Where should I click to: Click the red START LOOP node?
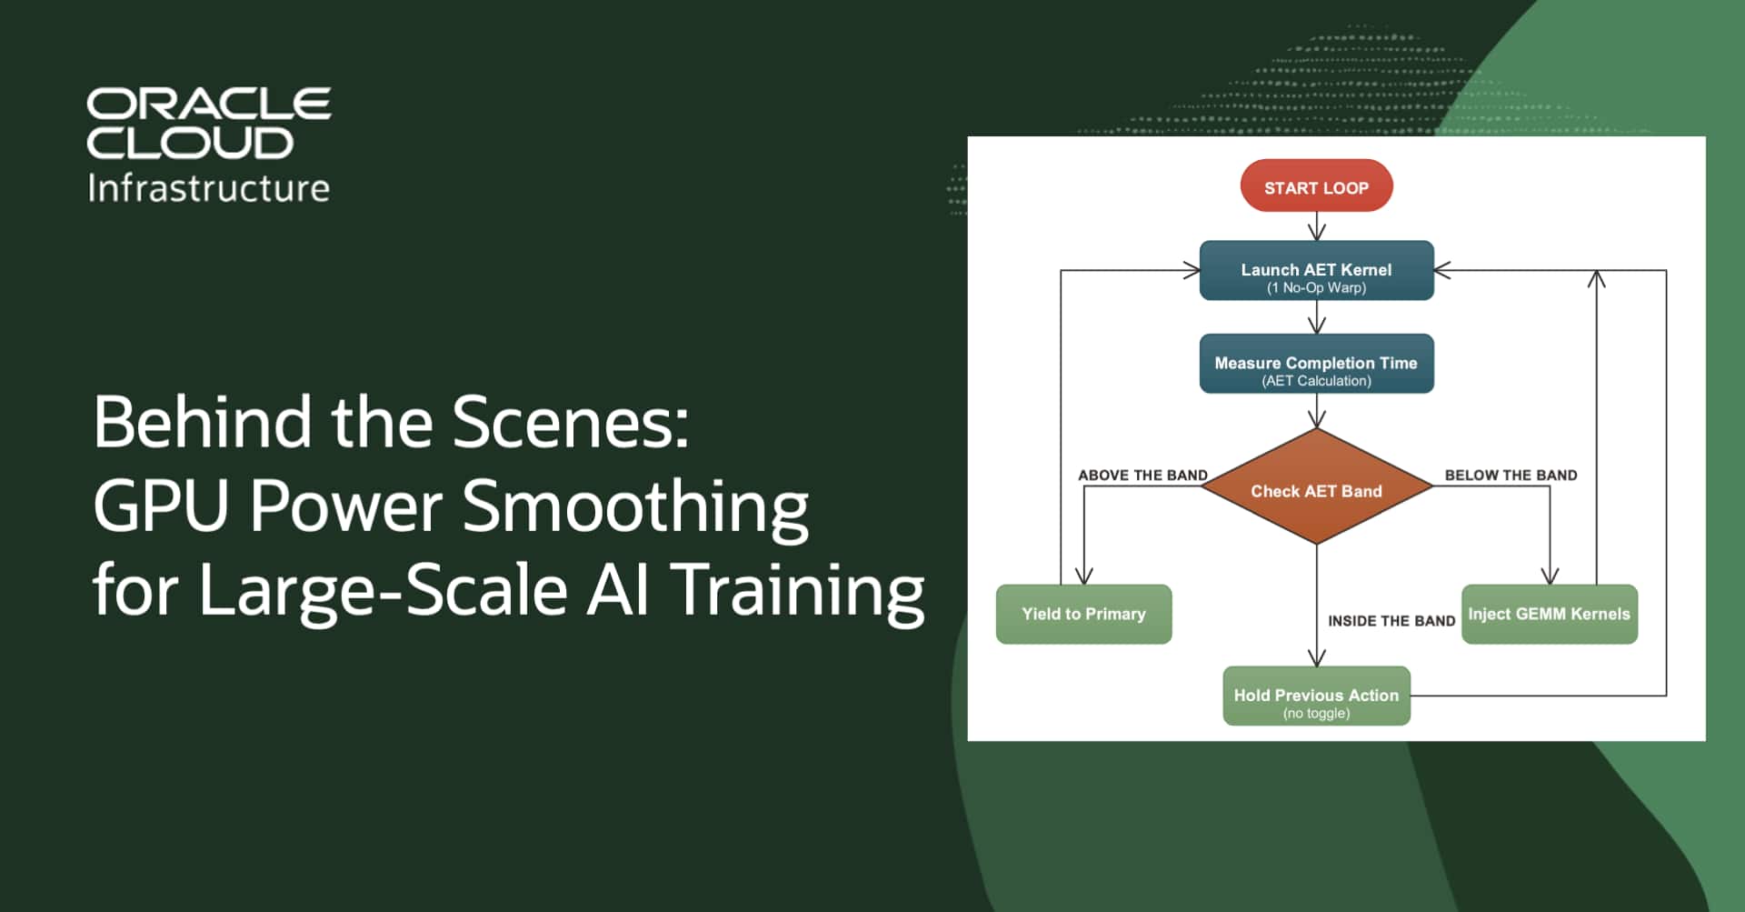(x=1316, y=186)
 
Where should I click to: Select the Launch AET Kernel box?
(x=1316, y=270)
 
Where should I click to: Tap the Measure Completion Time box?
(x=1316, y=364)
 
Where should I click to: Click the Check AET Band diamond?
(x=1316, y=490)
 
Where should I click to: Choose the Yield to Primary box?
(x=1083, y=614)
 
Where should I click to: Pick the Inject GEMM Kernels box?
(x=1549, y=614)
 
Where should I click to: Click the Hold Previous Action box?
(x=1316, y=696)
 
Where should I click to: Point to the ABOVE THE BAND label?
(x=1142, y=475)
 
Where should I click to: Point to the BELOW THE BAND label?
(x=1511, y=475)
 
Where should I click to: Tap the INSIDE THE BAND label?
(x=1391, y=621)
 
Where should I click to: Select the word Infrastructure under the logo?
(x=208, y=188)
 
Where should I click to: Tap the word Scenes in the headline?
(x=570, y=422)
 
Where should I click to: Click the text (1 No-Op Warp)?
(x=1316, y=288)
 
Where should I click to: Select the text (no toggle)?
(x=1316, y=714)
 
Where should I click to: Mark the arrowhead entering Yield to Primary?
(x=1083, y=576)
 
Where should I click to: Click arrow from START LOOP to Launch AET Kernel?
(x=1316, y=226)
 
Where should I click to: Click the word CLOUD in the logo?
(x=190, y=143)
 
